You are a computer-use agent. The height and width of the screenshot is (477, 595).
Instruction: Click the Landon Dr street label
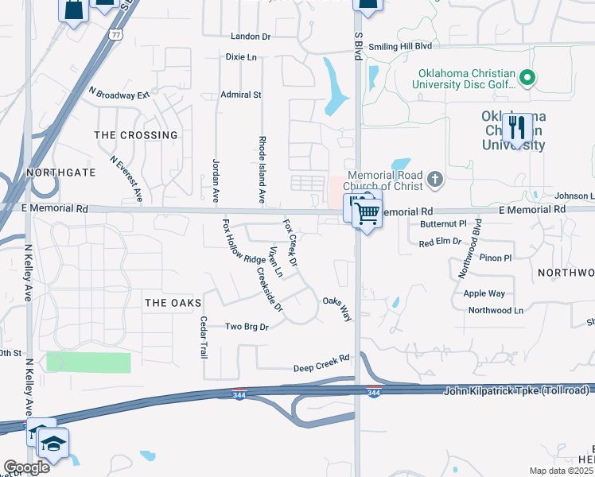tap(251, 37)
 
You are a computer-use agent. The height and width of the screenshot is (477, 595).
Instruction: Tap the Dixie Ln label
tap(242, 57)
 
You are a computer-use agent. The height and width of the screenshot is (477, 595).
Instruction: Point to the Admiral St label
tap(241, 95)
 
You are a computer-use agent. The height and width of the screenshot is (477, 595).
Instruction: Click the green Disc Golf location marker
tap(527, 78)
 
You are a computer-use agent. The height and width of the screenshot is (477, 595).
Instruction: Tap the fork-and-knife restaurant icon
tap(518, 126)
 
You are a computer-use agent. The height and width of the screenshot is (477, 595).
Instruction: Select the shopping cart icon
tap(367, 211)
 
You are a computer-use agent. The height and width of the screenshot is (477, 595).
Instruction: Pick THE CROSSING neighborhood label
tap(136, 135)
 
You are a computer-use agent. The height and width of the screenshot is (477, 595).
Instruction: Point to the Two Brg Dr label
tap(247, 327)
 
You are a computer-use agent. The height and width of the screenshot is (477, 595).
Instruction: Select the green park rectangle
tap(88, 362)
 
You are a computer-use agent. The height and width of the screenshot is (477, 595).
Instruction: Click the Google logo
tap(26, 467)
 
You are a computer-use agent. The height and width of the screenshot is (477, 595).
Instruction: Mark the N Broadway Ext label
tap(119, 93)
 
